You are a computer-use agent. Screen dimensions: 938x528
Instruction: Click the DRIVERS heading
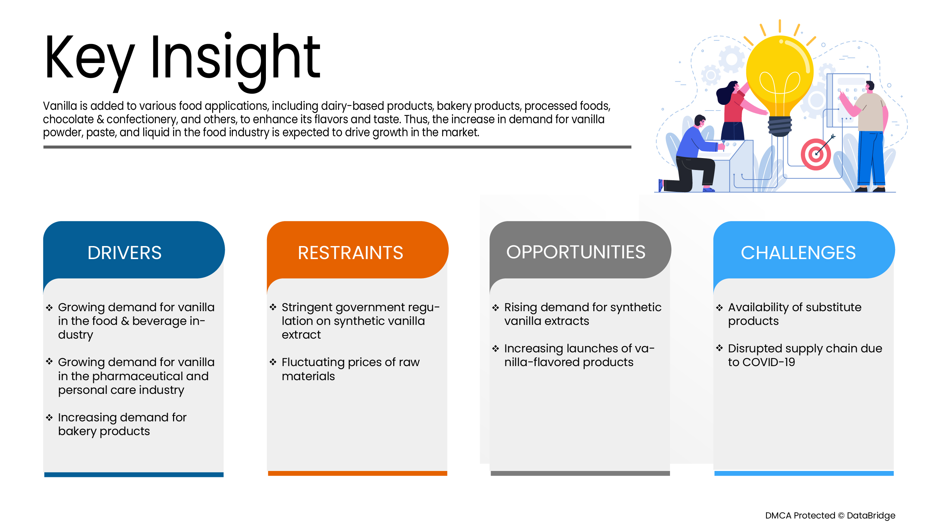pos(125,252)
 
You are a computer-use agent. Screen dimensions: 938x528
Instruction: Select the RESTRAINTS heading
pos(350,252)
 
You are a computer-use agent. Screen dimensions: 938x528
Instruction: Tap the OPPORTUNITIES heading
pos(576,252)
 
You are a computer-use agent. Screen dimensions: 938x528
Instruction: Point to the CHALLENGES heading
pos(798,252)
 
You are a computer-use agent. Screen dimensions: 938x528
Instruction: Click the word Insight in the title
pos(235,58)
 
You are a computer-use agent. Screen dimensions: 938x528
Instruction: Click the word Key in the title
pos(89,58)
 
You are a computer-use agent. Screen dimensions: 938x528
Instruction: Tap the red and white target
pos(816,155)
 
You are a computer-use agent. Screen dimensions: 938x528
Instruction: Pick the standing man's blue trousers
pos(870,158)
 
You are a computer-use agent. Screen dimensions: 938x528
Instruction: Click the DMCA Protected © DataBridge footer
pos(830,515)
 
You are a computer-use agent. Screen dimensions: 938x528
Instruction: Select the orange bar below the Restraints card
pos(357,473)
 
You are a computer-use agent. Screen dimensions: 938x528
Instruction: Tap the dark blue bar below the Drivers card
pos(134,474)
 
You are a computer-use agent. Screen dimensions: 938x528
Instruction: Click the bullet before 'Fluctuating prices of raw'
pos(273,362)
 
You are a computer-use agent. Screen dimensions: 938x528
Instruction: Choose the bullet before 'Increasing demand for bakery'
pos(49,417)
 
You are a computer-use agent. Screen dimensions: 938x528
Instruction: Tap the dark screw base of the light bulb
pos(779,126)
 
